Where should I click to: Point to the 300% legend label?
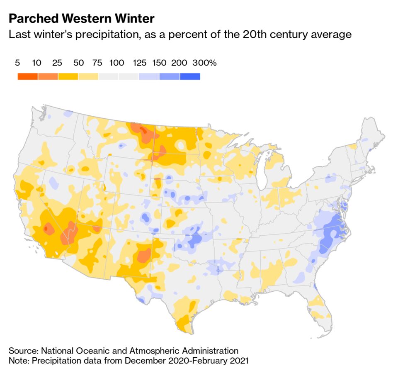coord(204,63)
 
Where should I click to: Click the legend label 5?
coord(17,63)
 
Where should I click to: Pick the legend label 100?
coord(117,63)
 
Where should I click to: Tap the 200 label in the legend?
coord(179,63)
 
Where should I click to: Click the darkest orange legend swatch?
coord(28,76)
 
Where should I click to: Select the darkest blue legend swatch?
coord(190,76)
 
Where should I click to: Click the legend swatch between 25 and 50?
coord(68,76)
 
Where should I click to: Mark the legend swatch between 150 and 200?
coord(170,76)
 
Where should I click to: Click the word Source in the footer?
coord(23,351)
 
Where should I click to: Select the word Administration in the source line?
coord(207,351)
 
